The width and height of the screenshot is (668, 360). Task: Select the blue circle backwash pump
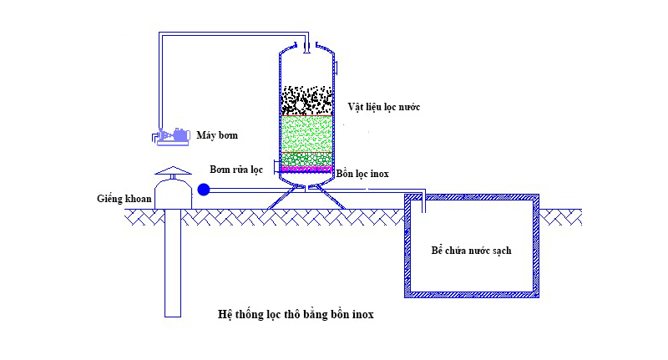pyautogui.click(x=204, y=190)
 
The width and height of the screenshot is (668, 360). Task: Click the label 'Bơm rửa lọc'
pyautogui.click(x=237, y=169)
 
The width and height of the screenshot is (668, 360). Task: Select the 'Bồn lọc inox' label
pyautogui.click(x=362, y=174)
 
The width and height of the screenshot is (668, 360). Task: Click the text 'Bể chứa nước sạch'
pyautogui.click(x=471, y=251)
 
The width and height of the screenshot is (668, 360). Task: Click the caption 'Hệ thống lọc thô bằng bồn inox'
pyautogui.click(x=301, y=316)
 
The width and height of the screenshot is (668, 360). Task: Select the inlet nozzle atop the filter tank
pyautogui.click(x=306, y=44)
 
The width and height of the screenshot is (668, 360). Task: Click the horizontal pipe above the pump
pyautogui.click(x=234, y=34)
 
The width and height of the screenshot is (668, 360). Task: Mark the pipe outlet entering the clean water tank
pyautogui.click(x=423, y=201)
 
